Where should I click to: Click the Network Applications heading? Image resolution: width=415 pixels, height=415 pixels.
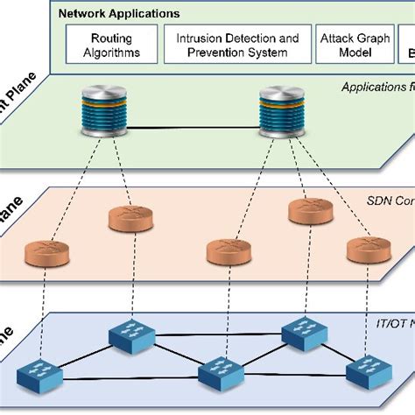tap(118, 14)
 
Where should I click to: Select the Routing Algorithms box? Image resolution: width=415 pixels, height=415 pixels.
tap(112, 45)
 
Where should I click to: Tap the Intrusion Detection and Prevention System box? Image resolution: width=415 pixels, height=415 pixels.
tap(236, 45)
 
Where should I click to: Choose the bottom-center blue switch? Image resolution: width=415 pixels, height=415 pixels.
tap(219, 374)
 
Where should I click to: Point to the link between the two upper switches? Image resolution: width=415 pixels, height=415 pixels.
tap(216, 334)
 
